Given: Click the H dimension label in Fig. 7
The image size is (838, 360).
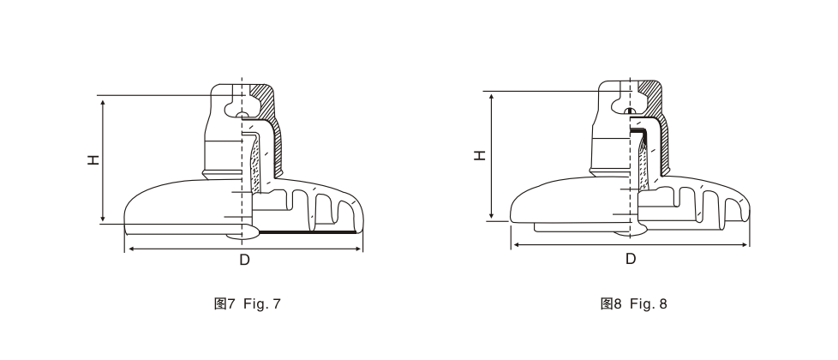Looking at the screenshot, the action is [94, 159].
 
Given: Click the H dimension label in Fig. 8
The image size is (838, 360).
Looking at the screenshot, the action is [481, 154].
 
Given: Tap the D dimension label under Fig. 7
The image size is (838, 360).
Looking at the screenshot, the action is [244, 260].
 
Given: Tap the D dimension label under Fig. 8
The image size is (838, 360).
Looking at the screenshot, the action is [631, 259].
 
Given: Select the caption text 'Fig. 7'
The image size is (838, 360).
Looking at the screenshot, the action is [262, 303].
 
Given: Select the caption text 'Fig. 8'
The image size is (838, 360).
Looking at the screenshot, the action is [649, 303].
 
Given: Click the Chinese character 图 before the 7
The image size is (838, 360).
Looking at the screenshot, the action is [221, 303].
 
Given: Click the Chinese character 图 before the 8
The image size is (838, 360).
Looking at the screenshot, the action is [608, 303].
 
